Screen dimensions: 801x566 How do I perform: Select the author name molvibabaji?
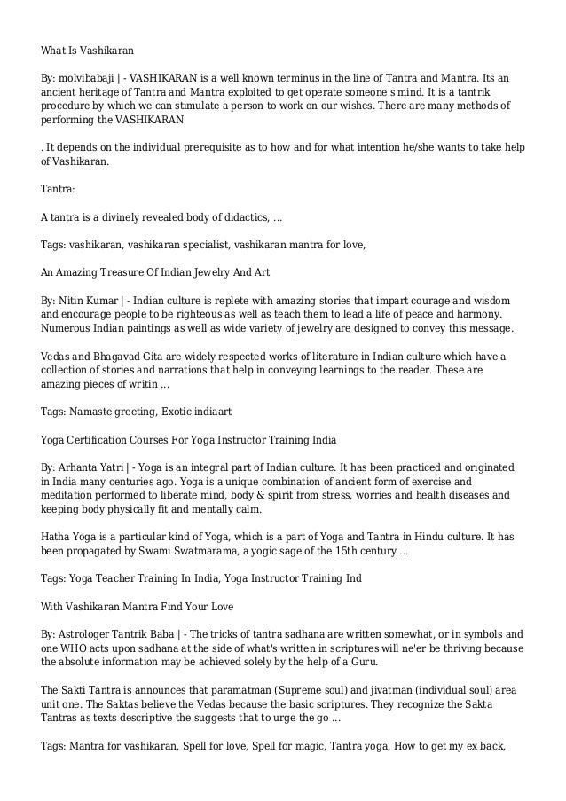pos(90,79)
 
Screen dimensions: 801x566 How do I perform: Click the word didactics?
pos(239,216)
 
